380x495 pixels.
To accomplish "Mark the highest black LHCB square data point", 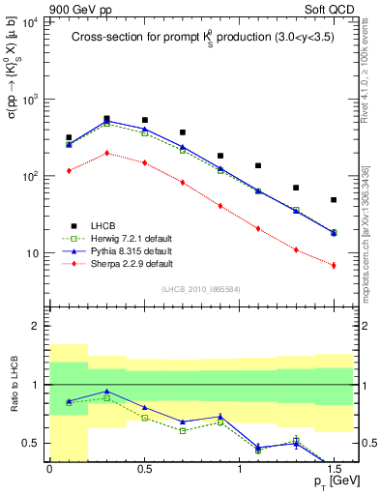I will pyautogui.click(x=106, y=118).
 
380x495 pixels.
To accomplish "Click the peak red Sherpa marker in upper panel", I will pyautogui.click(x=106, y=153).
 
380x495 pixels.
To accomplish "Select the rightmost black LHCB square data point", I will pyautogui.click(x=334, y=200).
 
